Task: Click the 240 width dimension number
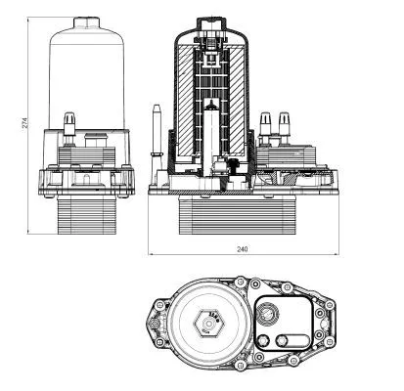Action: [x=242, y=249]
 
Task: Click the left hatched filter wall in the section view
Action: [x=185, y=98]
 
